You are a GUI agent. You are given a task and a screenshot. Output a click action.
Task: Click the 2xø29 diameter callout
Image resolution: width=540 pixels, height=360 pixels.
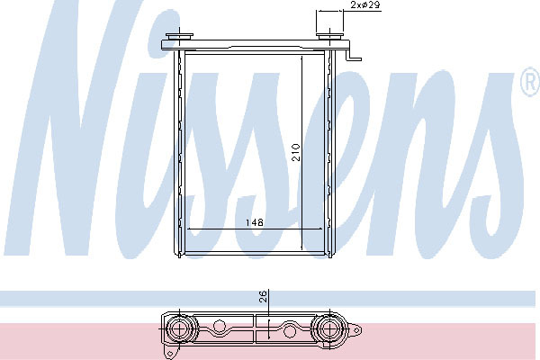click(x=365, y=4)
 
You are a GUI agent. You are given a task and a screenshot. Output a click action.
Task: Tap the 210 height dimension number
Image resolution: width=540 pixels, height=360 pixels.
click(x=296, y=153)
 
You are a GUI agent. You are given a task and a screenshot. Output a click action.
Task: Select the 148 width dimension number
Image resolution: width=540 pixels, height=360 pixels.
click(x=255, y=222)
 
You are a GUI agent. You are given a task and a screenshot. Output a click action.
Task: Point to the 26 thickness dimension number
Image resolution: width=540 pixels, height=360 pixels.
click(x=263, y=296)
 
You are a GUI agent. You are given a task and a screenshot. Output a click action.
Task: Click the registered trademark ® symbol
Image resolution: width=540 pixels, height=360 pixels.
click(x=530, y=83)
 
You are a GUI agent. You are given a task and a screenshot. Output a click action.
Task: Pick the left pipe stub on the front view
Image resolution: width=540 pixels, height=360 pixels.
click(x=179, y=36)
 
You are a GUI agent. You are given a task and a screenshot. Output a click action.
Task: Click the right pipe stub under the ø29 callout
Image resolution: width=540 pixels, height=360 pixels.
click(x=330, y=37)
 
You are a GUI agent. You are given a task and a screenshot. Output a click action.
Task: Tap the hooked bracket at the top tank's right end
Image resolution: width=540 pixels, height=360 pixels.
click(x=354, y=55)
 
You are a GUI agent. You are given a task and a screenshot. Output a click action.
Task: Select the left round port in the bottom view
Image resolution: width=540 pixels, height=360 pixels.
click(x=180, y=329)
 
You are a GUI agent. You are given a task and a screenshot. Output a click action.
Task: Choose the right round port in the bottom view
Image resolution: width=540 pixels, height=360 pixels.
click(x=330, y=329)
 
